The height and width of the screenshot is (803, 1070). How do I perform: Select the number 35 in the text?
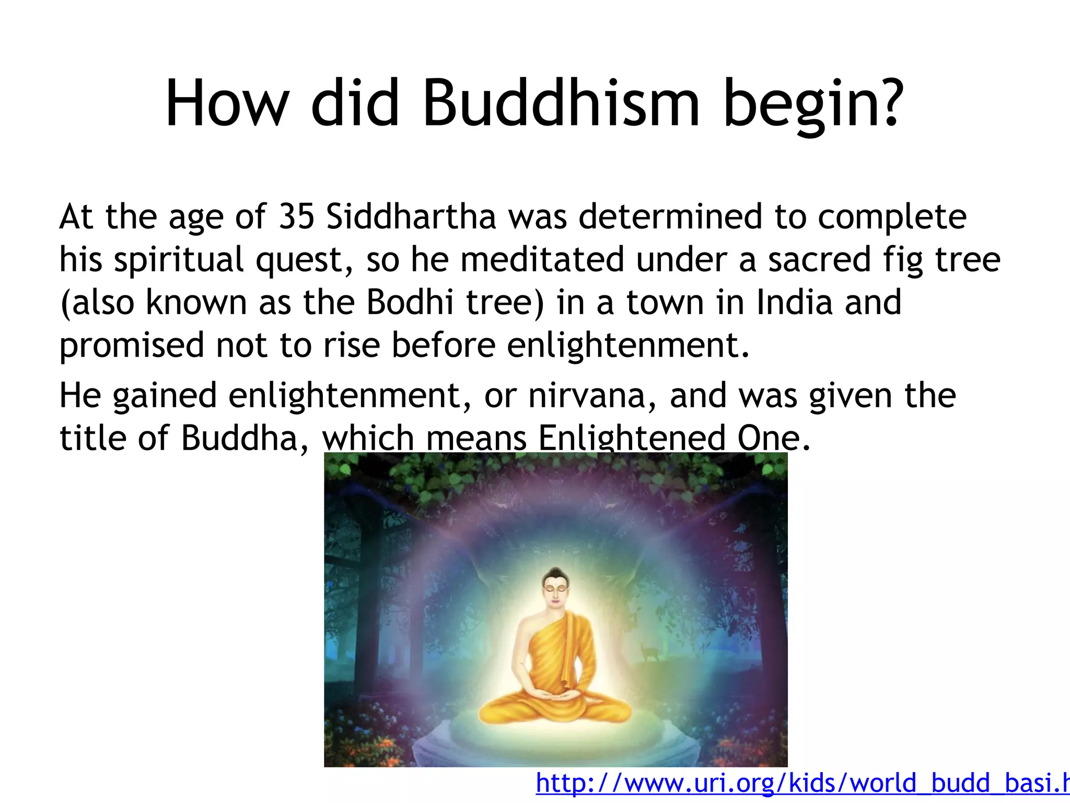(x=296, y=216)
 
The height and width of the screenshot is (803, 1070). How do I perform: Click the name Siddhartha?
(x=411, y=216)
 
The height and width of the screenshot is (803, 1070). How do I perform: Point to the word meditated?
(x=542, y=260)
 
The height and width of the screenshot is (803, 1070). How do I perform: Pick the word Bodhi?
(x=410, y=303)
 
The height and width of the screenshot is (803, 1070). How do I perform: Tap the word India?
(x=794, y=303)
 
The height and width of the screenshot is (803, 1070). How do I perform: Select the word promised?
(x=131, y=346)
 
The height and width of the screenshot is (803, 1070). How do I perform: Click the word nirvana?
(x=592, y=396)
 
